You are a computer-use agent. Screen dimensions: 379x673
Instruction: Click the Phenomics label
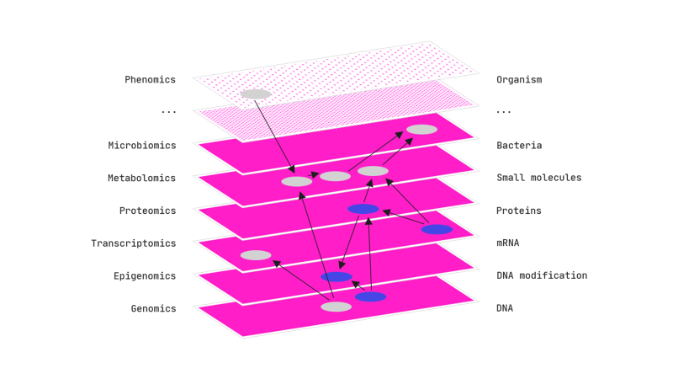coord(150,80)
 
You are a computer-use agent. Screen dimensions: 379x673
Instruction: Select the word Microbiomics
coord(142,146)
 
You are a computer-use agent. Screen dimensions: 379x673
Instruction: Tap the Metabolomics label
coord(141,179)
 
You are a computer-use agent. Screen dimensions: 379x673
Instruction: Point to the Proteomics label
coord(147,211)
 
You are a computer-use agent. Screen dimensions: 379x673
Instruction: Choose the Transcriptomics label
coord(134,243)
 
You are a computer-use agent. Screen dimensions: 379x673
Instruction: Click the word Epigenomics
coord(145,276)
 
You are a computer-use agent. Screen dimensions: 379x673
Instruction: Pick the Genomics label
coord(153,308)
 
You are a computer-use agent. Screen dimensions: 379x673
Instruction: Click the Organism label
coord(519,80)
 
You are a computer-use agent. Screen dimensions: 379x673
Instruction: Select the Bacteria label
coord(519,146)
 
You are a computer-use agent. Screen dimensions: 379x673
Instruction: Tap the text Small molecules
coord(538,178)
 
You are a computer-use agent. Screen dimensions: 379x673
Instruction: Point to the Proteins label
coord(519,211)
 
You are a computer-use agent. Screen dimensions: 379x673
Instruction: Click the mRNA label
coord(507,243)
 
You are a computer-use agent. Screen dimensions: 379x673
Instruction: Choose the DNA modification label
coord(542,275)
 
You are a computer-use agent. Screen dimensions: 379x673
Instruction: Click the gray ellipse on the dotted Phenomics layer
coord(255,94)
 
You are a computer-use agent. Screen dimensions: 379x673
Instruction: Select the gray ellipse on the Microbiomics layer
coord(421,130)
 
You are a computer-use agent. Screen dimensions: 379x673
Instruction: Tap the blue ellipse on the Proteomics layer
coord(363,209)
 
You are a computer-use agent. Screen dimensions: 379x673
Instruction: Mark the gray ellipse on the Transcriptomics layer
coord(256,255)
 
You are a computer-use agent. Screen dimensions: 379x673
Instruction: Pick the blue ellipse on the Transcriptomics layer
coord(437,229)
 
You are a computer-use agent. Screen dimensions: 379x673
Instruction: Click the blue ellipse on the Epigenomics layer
coord(336,277)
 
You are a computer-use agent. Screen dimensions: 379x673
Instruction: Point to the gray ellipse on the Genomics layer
coord(336,307)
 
